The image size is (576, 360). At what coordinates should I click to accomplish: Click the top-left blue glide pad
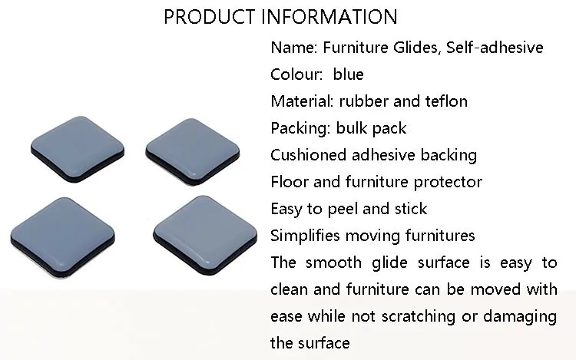point(78,149)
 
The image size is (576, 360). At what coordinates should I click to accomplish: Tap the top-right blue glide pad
point(193,150)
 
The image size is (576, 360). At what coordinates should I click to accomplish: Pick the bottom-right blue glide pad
point(205,235)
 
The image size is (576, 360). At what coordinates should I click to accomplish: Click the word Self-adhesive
point(495,48)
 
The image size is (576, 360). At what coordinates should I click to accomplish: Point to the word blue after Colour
point(348,74)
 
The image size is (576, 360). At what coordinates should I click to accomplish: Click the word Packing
point(300,129)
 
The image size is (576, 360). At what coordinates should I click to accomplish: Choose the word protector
point(448,183)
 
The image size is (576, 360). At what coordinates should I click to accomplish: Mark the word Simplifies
point(305,236)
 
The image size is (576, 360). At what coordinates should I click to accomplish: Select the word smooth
point(333,263)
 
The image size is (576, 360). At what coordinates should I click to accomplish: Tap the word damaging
point(520,317)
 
